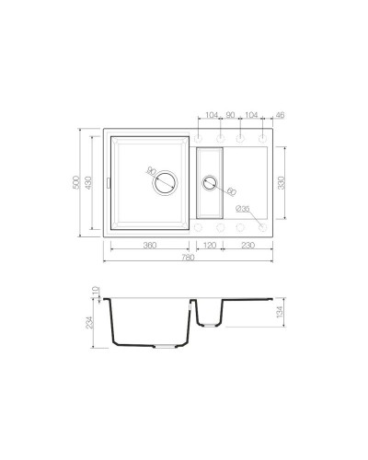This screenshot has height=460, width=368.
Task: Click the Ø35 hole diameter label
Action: click(x=242, y=210)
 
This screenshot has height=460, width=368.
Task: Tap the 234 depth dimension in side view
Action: click(x=89, y=321)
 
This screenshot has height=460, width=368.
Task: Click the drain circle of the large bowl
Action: click(x=165, y=182)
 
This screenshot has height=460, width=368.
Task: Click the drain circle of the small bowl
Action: click(x=209, y=183)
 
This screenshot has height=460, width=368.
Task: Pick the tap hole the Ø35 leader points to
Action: click(x=261, y=224)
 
